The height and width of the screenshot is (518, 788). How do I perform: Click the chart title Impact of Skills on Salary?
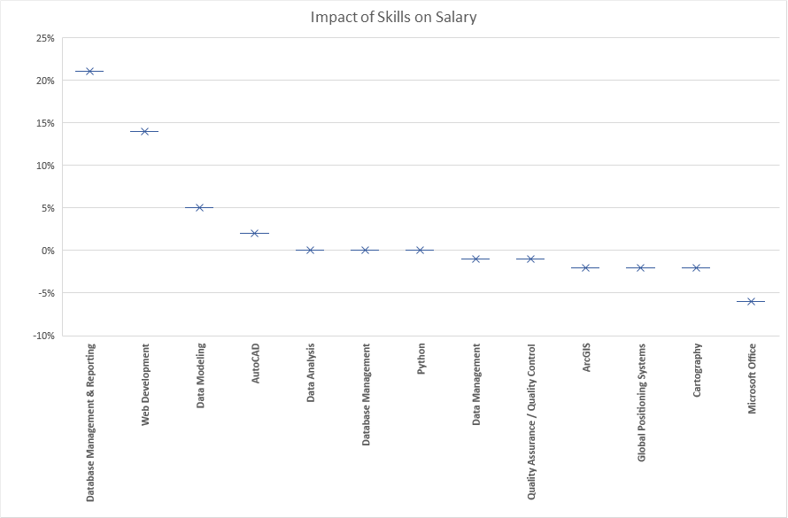coord(393,18)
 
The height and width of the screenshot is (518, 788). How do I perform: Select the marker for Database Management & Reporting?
coord(89,71)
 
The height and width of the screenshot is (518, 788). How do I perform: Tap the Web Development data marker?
coord(144,131)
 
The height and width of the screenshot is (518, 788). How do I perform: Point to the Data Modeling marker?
coord(199,208)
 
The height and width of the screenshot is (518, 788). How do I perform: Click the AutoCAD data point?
coord(255,233)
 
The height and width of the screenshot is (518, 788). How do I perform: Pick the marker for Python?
coord(421,251)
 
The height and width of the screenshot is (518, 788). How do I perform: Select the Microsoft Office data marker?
coord(752,302)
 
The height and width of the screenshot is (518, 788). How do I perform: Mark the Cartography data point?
coord(697,267)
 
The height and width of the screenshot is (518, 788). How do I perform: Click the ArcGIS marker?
coord(586,267)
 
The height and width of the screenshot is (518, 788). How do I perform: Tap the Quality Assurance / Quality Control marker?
coord(531,259)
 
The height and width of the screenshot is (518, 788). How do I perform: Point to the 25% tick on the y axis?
coord(44,38)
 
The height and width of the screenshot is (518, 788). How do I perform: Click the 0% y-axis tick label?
coord(47,251)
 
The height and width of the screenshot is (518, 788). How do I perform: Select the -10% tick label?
coord(42,336)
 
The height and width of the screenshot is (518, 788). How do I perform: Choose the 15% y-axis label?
coord(44,123)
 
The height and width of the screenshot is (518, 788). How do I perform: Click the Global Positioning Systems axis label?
coord(642,390)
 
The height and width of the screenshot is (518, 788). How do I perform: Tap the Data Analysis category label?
coord(311,373)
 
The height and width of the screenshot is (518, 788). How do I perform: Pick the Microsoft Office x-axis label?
coord(752,378)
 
